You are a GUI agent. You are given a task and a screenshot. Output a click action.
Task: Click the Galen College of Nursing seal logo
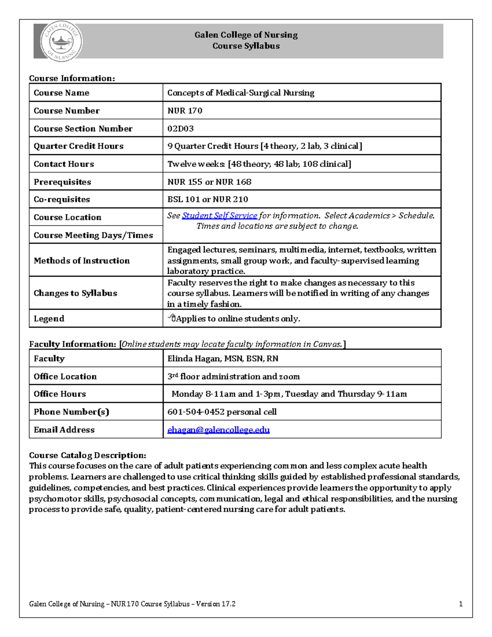point(61,41)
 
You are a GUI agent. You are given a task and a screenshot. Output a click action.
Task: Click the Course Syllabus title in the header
point(246,46)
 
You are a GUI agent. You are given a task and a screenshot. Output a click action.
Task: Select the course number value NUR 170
point(184,111)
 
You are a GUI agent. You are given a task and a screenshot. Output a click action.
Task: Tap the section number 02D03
point(180,129)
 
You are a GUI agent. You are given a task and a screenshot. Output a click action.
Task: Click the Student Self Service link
point(219,216)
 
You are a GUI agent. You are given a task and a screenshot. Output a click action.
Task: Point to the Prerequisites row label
point(62,182)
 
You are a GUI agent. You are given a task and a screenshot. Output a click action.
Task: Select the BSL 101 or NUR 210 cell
point(207,199)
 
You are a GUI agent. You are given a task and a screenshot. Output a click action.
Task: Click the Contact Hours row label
point(64,164)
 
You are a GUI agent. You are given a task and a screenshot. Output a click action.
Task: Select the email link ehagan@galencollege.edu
point(219,430)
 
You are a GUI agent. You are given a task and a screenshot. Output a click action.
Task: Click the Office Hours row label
point(60,394)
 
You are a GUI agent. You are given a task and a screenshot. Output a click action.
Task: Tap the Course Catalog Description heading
point(87,455)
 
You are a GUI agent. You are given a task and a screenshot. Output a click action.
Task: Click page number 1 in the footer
point(461,604)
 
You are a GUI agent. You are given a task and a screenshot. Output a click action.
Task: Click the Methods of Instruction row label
point(82,260)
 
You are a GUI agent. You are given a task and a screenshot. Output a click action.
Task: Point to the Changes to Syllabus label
point(75,293)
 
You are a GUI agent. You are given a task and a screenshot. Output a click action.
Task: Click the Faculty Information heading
point(73,344)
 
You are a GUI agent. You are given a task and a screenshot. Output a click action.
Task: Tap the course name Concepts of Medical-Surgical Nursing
point(241,93)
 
